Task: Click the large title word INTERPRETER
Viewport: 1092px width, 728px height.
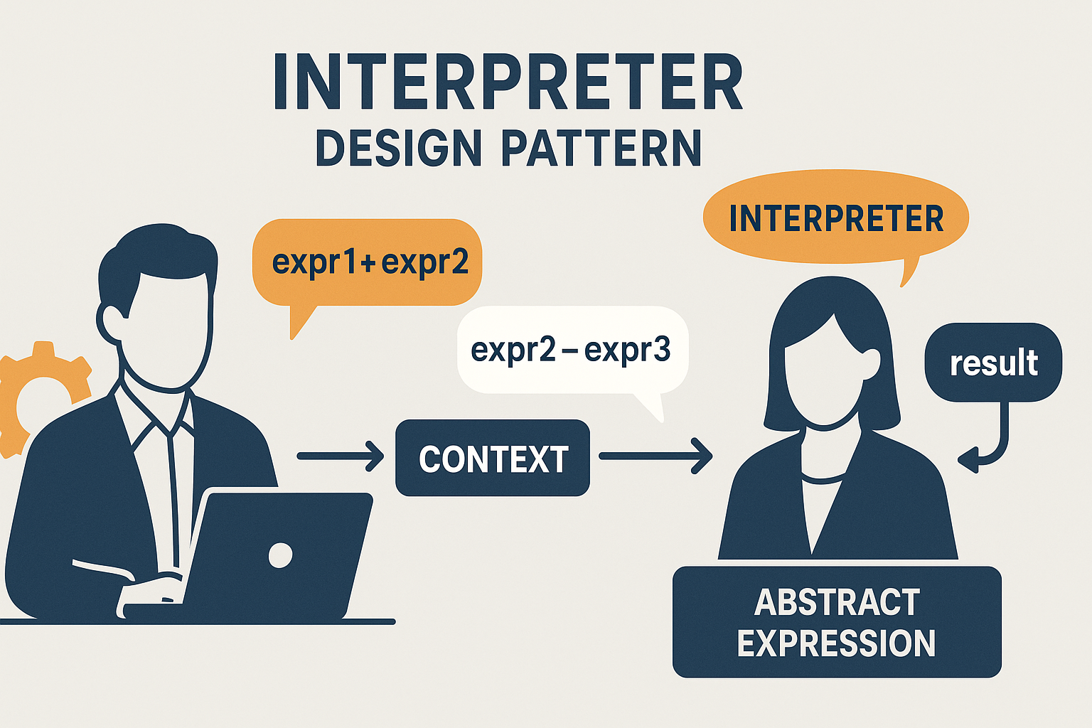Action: (x=508, y=81)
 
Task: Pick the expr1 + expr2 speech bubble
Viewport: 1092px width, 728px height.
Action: (x=367, y=263)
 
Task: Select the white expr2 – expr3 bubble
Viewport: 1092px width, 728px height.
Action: (x=572, y=350)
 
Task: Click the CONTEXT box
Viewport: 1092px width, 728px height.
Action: (x=493, y=458)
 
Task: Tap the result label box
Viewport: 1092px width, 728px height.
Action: (x=993, y=363)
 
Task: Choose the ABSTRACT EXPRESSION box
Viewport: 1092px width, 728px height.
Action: (x=837, y=621)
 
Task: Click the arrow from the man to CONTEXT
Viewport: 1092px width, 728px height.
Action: (x=341, y=456)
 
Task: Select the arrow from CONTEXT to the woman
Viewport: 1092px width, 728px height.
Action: (x=655, y=456)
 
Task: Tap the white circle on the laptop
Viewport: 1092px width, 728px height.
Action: (x=280, y=555)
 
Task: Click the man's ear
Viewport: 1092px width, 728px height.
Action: (x=109, y=322)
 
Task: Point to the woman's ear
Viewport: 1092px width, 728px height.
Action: (x=871, y=363)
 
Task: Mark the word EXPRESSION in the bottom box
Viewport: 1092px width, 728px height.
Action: (x=836, y=643)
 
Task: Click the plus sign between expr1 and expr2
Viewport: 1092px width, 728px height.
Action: (x=369, y=263)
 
